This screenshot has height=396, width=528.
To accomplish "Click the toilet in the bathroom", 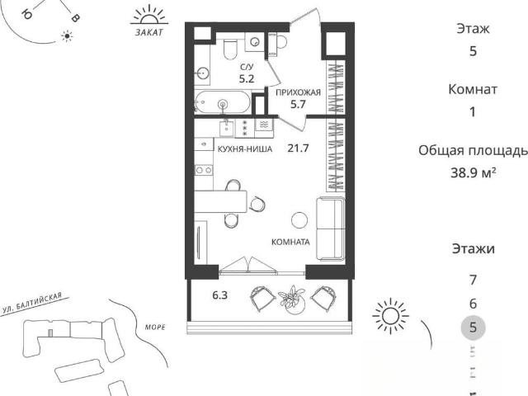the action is tap(231, 49).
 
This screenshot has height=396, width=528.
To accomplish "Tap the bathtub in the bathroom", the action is tap(223, 102).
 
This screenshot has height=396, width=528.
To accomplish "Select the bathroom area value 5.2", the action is tap(247, 79).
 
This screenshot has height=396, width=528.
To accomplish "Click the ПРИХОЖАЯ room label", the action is tap(298, 92).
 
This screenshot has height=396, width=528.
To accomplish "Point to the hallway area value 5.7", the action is tap(298, 104).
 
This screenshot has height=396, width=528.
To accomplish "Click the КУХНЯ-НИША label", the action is tap(245, 148).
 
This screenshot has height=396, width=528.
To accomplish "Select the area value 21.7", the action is tap(298, 148).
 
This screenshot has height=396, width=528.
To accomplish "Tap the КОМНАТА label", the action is tap(290, 242).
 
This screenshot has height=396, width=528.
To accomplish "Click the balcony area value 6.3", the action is tap(220, 295).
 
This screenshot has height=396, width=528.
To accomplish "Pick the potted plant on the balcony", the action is tap(291, 299).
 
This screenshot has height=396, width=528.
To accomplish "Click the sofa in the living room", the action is tap(331, 229).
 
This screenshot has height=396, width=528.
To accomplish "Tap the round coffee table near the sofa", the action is tap(299, 220).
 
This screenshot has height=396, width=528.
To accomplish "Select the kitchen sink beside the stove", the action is tap(227, 129).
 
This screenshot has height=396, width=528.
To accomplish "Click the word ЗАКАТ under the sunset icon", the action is tap(148, 32).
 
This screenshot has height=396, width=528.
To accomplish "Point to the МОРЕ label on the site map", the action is tap(155, 327).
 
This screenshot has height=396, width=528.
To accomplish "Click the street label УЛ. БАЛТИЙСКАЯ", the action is tap(32, 303).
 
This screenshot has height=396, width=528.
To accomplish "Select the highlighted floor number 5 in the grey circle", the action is tap(473, 328).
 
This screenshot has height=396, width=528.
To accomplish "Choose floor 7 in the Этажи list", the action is tap(473, 280).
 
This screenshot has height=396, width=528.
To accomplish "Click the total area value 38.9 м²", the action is tap(473, 172).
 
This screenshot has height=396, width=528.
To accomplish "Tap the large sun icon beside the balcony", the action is tap(390, 316).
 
